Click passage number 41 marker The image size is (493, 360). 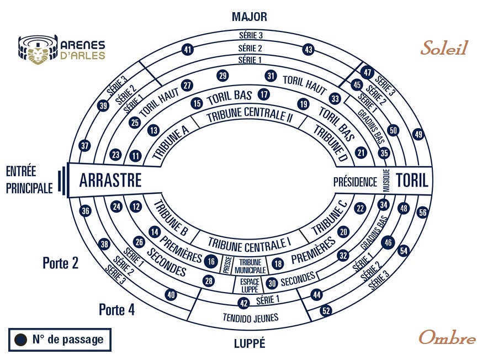188,50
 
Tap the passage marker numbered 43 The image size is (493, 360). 309,50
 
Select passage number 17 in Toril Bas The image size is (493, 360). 264,94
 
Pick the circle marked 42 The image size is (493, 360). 243,303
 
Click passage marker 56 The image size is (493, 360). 423,212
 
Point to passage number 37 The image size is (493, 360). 84,146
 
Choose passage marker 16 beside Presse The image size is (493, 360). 211,261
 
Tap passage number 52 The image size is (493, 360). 326,311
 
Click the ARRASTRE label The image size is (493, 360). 110,181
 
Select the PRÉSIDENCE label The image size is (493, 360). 355,182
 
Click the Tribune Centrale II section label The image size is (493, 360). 249,117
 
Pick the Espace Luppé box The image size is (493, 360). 248,284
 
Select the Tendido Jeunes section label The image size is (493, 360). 251,317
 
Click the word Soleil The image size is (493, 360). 444,49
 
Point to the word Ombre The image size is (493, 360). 447,337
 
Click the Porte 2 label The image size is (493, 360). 60,263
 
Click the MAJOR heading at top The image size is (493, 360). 249,17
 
